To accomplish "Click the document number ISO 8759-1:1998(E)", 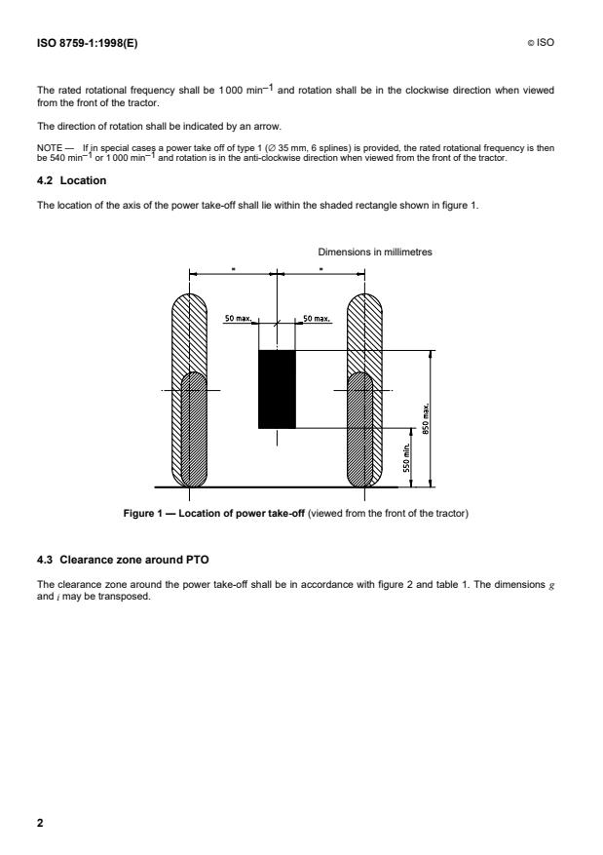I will pyautogui.click(x=81, y=44).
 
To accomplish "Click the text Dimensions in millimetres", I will pyautogui.click(x=375, y=252).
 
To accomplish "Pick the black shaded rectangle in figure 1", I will pyautogui.click(x=277, y=389).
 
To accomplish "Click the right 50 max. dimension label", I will pyautogui.click(x=318, y=319).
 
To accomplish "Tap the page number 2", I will pyautogui.click(x=40, y=824).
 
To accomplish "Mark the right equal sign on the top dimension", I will pyautogui.click(x=321, y=268).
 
